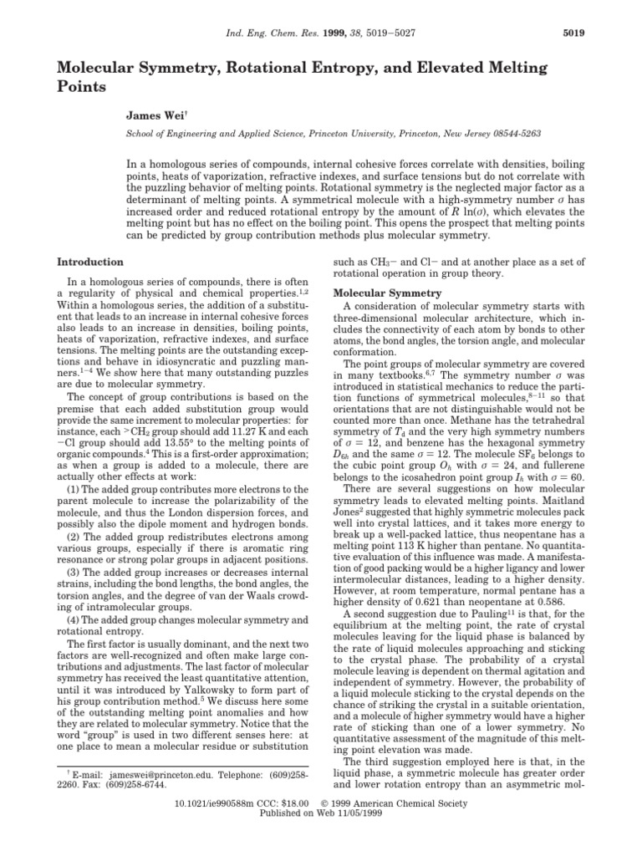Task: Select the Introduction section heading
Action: coord(89,262)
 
